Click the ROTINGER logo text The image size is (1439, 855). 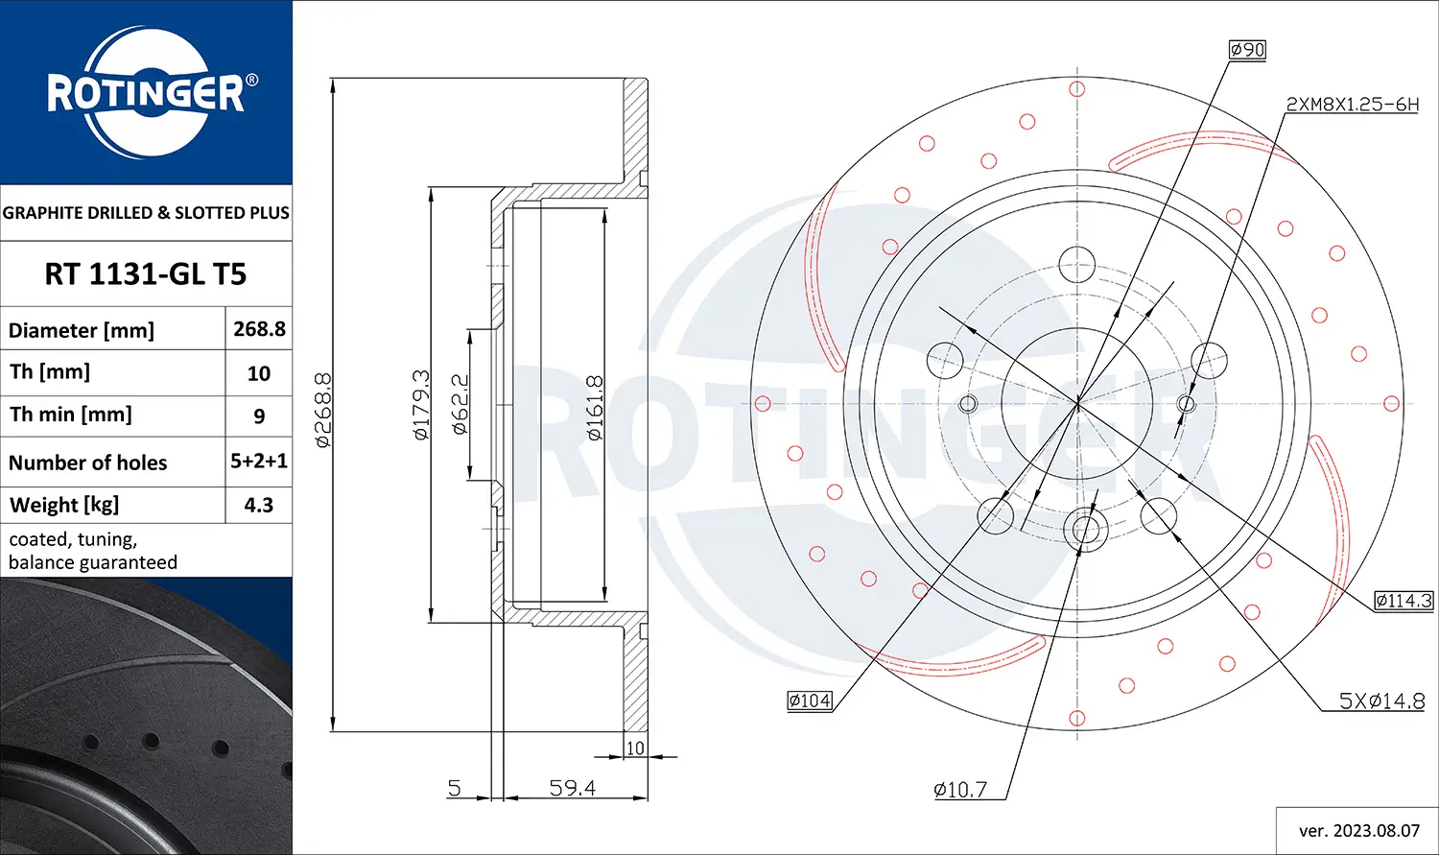pos(146,94)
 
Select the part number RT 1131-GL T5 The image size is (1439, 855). pos(146,274)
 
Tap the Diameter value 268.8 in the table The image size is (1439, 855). pos(259,329)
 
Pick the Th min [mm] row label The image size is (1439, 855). pos(71,415)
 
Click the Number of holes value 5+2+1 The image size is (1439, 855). pos(259,462)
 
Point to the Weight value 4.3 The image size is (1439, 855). pos(259,505)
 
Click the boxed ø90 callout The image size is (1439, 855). pos(1247,50)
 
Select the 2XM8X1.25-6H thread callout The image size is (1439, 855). pos(1351,105)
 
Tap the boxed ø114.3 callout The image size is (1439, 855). pos(1403,601)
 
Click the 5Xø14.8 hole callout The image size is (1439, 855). pos(1381,701)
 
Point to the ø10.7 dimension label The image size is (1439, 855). pos(960,790)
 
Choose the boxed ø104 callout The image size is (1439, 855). pos(810,701)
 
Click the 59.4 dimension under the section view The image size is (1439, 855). pos(573,788)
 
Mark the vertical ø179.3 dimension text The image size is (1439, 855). pos(420,405)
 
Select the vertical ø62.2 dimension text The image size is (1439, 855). pos(460,405)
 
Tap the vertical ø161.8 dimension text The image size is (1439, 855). pos(594,408)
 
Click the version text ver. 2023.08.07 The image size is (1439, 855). pos(1358,830)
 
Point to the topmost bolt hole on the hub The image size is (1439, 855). pos(1077,264)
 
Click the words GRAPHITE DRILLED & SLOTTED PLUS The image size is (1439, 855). pos(146,213)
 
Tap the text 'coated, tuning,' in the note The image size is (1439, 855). pos(73,539)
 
